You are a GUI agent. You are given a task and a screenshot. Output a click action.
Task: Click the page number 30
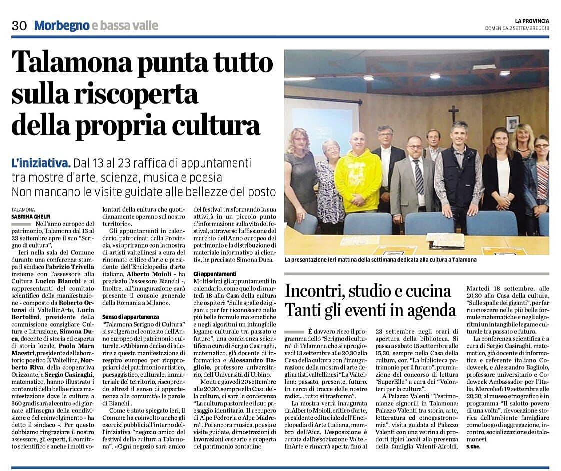(x=19, y=25)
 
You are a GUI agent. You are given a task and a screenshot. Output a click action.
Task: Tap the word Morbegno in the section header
(x=61, y=25)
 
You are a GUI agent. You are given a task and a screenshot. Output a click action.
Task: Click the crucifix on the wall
(x=453, y=113)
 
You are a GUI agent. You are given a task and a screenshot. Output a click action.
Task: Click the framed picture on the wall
(x=512, y=123)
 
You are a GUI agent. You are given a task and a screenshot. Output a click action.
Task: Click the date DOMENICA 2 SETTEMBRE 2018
(x=517, y=28)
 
